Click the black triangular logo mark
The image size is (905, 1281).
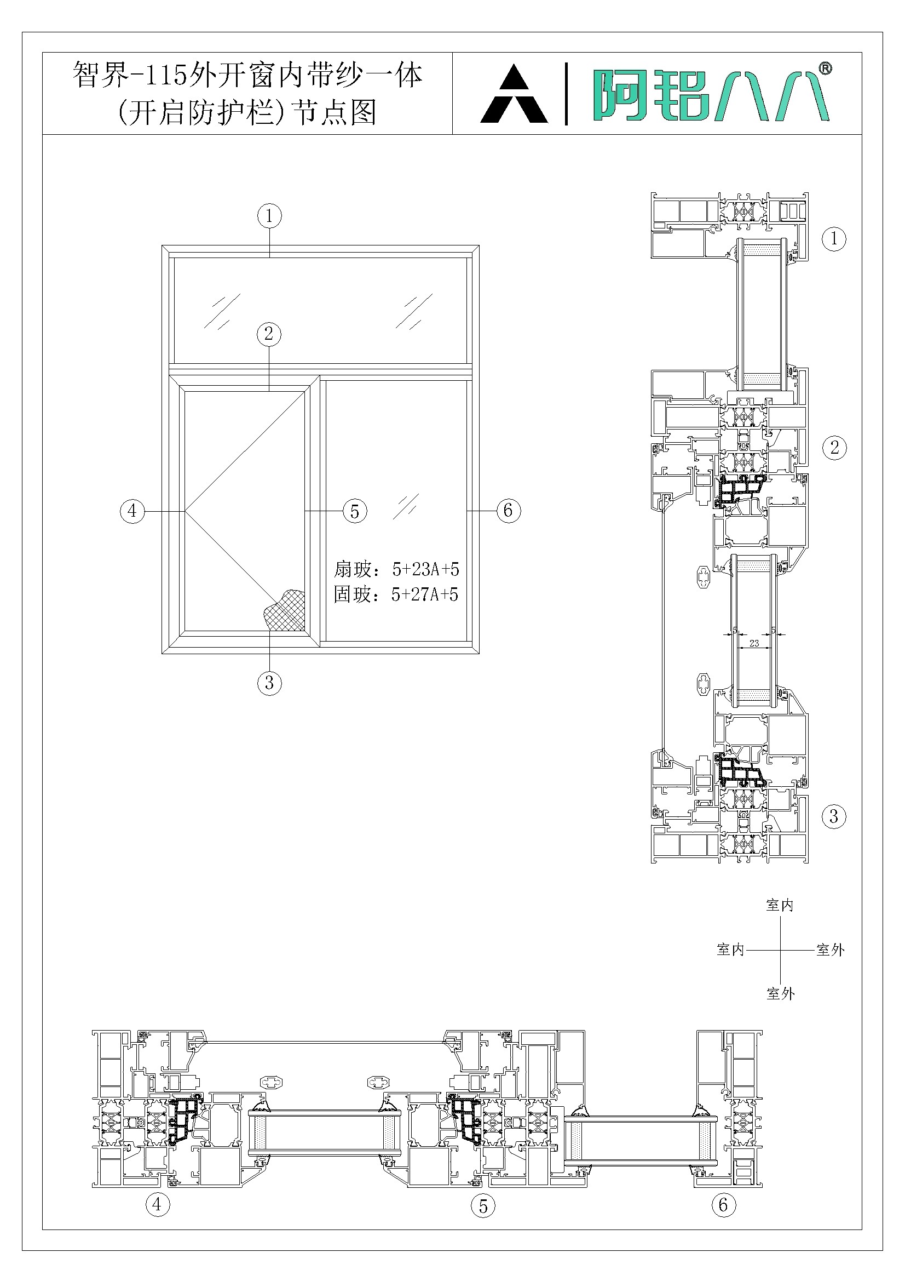click(x=514, y=94)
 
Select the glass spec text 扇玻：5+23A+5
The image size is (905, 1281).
click(x=396, y=570)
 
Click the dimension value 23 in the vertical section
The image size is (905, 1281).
click(x=754, y=643)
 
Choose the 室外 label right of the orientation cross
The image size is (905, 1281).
click(x=831, y=950)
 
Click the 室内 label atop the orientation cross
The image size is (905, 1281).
click(x=780, y=905)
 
